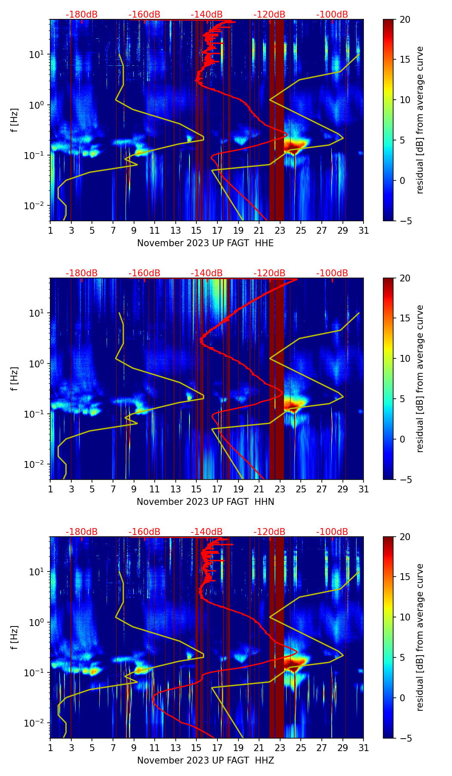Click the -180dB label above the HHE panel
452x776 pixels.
click(x=82, y=15)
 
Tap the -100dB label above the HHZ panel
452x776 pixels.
click(x=332, y=532)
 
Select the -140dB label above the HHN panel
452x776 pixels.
click(x=207, y=273)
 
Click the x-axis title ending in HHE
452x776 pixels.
click(x=205, y=243)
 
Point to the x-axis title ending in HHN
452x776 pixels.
click(x=205, y=502)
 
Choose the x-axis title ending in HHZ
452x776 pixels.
click(x=205, y=761)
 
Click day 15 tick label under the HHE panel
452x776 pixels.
click(x=196, y=230)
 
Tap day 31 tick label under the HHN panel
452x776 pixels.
click(x=363, y=489)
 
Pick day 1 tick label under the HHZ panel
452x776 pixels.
click(x=50, y=748)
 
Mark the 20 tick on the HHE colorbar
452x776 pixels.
click(x=405, y=19)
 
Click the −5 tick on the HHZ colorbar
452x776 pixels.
click(x=405, y=738)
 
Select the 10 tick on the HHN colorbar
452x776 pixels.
click(x=405, y=358)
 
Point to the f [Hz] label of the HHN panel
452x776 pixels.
click(x=15, y=379)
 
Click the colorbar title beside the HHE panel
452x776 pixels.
click(x=420, y=120)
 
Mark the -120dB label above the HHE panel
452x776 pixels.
click(x=269, y=15)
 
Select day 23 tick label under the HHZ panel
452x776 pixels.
click(x=280, y=748)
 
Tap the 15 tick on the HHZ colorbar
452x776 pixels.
click(x=405, y=577)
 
